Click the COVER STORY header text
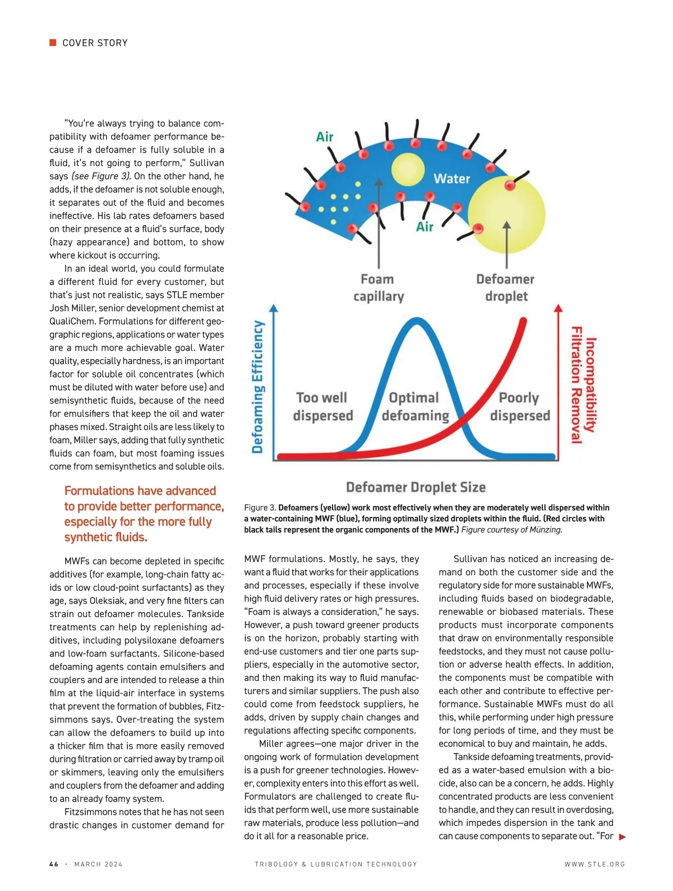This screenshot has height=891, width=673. point(95,43)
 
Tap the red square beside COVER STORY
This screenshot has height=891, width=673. point(53,43)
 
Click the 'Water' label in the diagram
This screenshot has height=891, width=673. point(451,179)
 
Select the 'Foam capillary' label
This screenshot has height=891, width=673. point(378,288)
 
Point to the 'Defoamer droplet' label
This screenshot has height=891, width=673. point(505,288)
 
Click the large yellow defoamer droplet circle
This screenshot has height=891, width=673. point(506,214)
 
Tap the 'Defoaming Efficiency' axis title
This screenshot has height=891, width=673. point(257,387)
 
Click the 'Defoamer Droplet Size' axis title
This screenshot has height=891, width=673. point(416,487)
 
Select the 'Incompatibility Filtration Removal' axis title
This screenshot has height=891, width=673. point(583,385)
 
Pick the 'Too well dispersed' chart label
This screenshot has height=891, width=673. point(322,407)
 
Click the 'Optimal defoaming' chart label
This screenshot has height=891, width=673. point(415,407)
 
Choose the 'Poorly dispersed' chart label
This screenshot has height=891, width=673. point(520,407)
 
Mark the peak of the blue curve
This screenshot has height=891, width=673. point(417,320)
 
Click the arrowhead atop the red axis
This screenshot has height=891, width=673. point(558,308)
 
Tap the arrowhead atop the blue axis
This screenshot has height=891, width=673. point(274,308)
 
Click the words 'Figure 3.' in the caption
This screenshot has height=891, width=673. point(260,508)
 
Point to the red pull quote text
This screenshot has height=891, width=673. point(144,514)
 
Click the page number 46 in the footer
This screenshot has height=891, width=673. point(54,864)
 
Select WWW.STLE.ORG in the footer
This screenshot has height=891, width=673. point(594,864)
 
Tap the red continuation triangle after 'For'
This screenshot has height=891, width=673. point(622,837)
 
